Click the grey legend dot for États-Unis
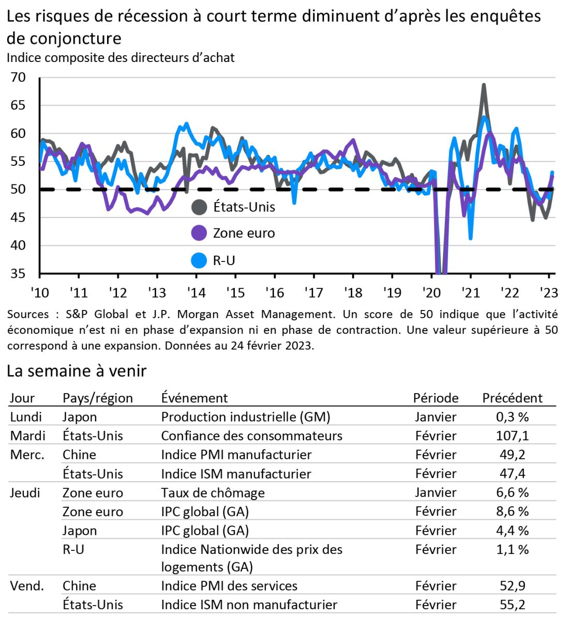click(199, 207)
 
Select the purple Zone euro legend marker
click(199, 233)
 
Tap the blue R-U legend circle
click(199, 260)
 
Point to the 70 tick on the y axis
click(18, 78)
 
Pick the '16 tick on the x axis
click(275, 292)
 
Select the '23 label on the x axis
click(549, 292)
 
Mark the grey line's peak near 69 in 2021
click(484, 85)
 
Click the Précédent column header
click(512, 398)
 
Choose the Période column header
click(436, 398)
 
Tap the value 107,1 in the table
click(512, 436)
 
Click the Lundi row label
click(26, 416)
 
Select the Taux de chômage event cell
click(213, 492)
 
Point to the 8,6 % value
click(512, 512)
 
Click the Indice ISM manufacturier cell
click(236, 473)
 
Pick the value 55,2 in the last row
click(512, 605)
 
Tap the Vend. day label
click(27, 585)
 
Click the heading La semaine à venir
click(77, 370)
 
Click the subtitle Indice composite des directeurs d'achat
click(121, 57)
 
